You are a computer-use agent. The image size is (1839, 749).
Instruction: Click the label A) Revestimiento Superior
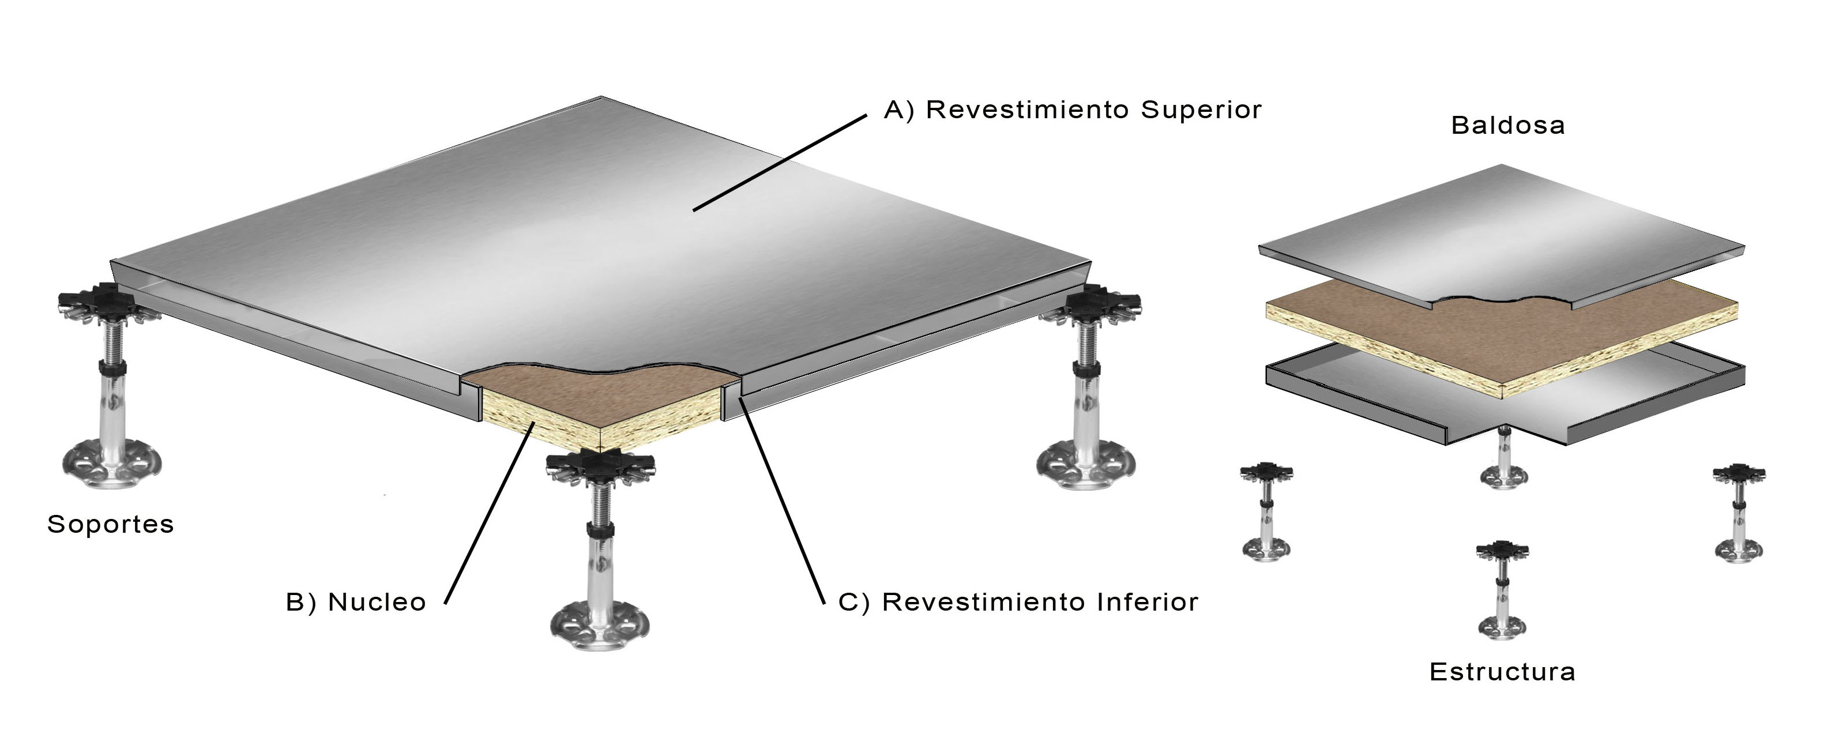point(1072,110)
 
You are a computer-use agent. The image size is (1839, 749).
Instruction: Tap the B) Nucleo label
point(356,602)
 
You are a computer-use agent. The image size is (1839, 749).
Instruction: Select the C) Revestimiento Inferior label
point(1018,602)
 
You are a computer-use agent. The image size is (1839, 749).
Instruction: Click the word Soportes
point(111,524)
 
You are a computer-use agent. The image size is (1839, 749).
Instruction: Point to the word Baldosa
point(1508,126)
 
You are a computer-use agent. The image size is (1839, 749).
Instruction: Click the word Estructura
point(1502,671)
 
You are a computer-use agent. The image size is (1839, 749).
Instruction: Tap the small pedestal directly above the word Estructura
point(1502,589)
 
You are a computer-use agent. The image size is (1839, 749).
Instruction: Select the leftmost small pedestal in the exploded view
point(1267,510)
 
